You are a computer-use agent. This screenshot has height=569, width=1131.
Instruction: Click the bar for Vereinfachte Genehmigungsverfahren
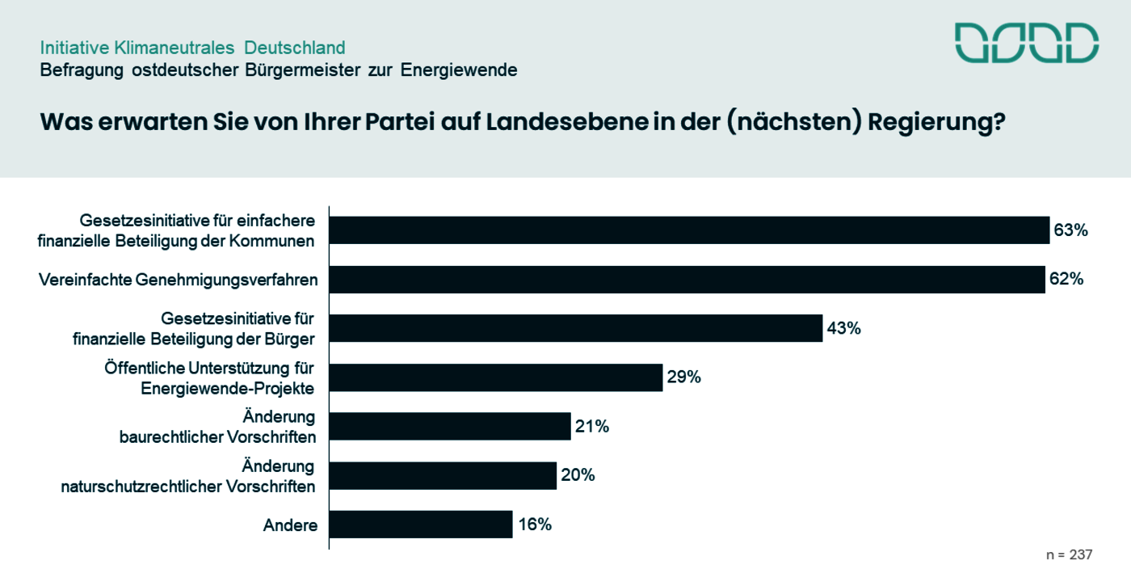coord(687,280)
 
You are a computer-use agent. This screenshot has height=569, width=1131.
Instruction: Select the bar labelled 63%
coord(689,230)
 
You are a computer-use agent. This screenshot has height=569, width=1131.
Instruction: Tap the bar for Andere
coord(421,525)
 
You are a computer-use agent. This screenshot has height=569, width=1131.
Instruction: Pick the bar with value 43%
coord(576,328)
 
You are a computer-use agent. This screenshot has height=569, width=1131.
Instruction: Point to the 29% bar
coord(496,377)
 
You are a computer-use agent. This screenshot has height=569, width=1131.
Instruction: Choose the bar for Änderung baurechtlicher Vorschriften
coord(450,426)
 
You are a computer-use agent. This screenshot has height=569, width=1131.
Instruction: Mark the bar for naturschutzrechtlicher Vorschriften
coord(443,475)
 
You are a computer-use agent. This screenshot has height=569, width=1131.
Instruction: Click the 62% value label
coord(1066,280)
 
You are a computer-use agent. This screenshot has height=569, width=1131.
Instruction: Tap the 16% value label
coord(535,525)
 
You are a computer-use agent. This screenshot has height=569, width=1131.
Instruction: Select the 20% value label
coord(578,475)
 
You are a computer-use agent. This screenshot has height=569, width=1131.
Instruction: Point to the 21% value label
coord(592,426)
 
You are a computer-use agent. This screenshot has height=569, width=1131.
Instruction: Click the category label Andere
coord(290,526)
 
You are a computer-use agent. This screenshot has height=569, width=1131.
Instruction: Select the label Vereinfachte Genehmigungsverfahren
coord(179,280)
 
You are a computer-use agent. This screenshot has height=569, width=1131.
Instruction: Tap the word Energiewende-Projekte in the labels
coord(227,388)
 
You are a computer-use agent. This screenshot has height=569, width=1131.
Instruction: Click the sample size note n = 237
coord(1069,555)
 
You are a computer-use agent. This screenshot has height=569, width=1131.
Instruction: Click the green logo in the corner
coord(1026,43)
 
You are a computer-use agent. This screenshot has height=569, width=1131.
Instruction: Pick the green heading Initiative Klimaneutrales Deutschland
coord(192,48)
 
